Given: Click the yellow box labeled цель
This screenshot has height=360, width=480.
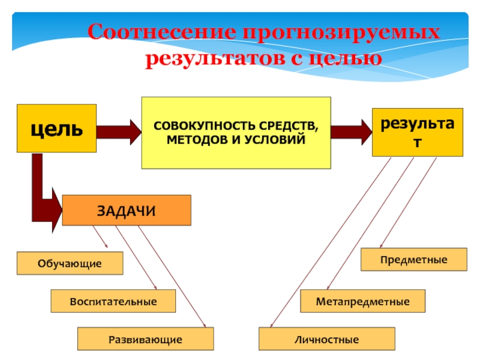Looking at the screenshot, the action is pos(56,128).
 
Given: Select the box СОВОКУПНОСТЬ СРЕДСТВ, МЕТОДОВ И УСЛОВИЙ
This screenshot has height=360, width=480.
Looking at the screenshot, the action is pos(236,133).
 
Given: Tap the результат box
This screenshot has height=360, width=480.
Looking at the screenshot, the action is pos(418,132).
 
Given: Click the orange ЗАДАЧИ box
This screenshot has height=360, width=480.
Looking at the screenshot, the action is pos(127,211).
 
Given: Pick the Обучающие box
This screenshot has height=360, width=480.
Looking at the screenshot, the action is pos(70,263).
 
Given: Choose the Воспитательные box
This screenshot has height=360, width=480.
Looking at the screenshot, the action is pos(113,301).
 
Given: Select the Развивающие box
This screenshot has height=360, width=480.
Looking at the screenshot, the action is pos(145,339).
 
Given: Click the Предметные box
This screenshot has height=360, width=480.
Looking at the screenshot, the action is pos(414,260).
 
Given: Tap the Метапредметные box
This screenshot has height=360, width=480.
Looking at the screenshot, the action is pos(363,301).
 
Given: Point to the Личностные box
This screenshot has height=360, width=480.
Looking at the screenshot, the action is pos(326,339).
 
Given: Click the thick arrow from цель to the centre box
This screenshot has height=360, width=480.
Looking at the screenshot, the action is pos(119,132).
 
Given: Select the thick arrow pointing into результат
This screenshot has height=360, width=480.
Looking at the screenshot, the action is pos(352,132).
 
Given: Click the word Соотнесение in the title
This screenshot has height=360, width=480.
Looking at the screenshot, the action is pos(162,32).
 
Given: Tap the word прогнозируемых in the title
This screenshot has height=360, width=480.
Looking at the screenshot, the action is pos(341,33).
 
